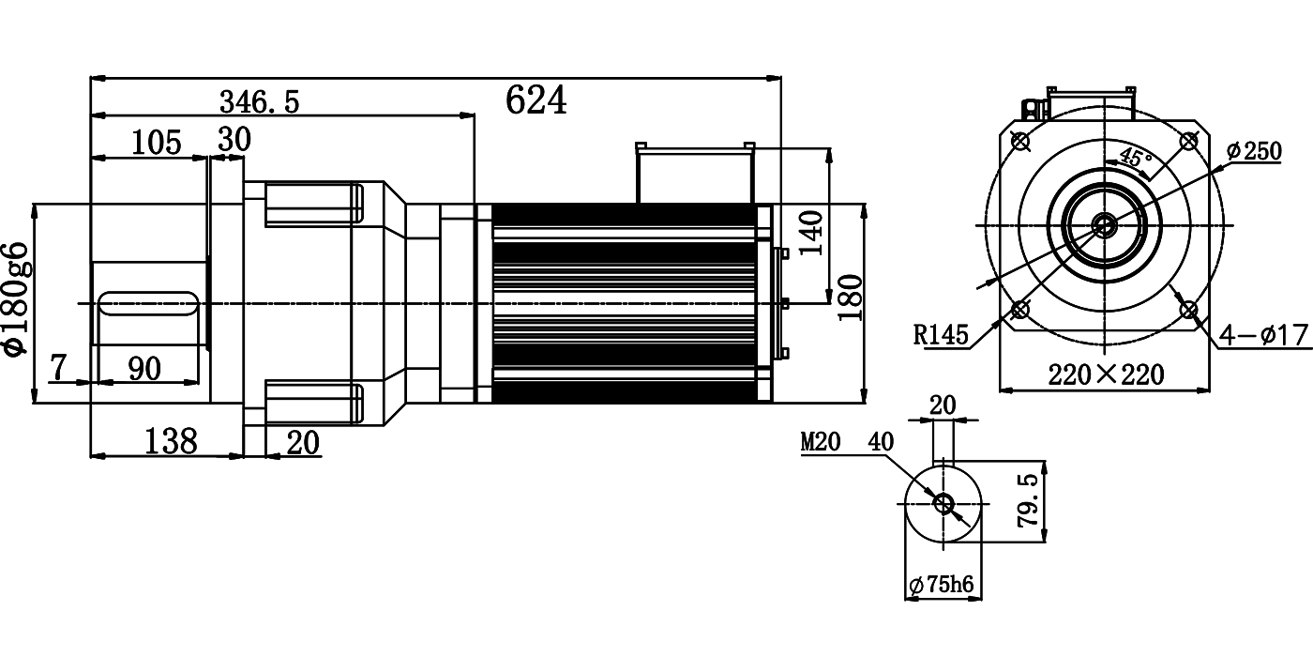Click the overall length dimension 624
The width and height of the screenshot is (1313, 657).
point(536,99)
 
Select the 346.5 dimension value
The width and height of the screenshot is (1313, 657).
point(259,101)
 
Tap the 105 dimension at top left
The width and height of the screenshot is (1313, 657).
point(156,143)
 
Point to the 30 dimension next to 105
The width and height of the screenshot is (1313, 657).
point(234,140)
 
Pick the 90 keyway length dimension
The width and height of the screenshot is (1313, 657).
point(143,368)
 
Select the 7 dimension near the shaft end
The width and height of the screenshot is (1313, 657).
point(58,368)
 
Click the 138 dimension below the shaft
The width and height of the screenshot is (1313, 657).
point(172,440)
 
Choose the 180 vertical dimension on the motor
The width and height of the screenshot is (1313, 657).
point(850,298)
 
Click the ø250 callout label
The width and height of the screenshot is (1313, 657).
point(1253,151)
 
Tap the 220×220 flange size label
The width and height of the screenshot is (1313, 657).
point(1106,375)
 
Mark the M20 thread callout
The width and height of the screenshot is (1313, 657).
point(821,442)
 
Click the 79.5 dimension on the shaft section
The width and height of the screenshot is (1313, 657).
point(1028,500)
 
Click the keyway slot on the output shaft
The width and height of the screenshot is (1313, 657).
point(150,304)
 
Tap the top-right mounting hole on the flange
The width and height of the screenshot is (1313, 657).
point(1188,142)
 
